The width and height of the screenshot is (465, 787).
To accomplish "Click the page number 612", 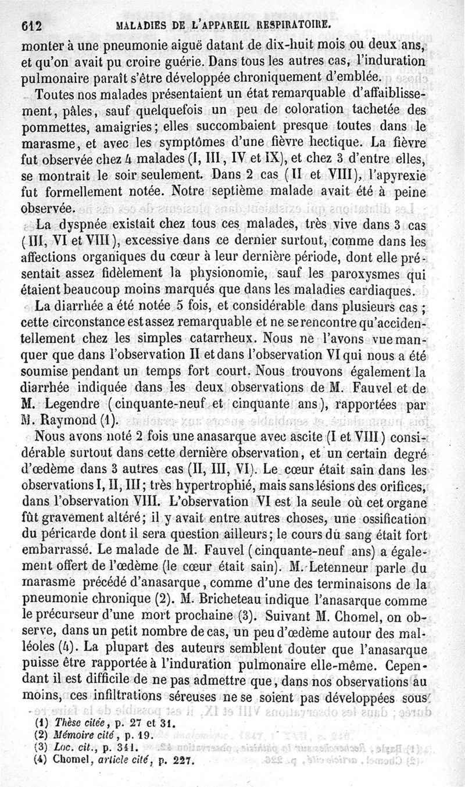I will click(x=33, y=25).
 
